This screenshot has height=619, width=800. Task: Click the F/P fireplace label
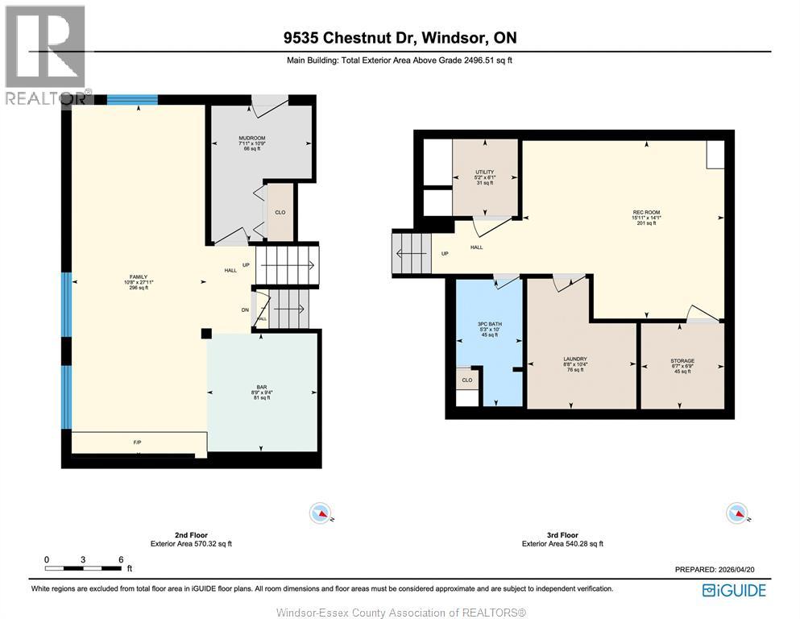(137, 442)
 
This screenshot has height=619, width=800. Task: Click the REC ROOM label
(646, 213)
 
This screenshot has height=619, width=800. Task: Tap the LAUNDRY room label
(575, 359)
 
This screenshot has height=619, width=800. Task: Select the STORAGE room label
(682, 360)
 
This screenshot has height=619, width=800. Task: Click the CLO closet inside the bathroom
(467, 379)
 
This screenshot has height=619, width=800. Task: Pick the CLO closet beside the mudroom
(280, 214)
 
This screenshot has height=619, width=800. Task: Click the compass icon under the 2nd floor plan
(321, 512)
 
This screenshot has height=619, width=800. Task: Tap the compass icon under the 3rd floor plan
(736, 512)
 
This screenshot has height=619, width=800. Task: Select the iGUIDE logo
(734, 590)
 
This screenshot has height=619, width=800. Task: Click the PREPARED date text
(715, 569)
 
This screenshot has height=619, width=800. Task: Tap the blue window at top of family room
(132, 100)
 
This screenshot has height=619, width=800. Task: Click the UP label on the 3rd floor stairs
(445, 253)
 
